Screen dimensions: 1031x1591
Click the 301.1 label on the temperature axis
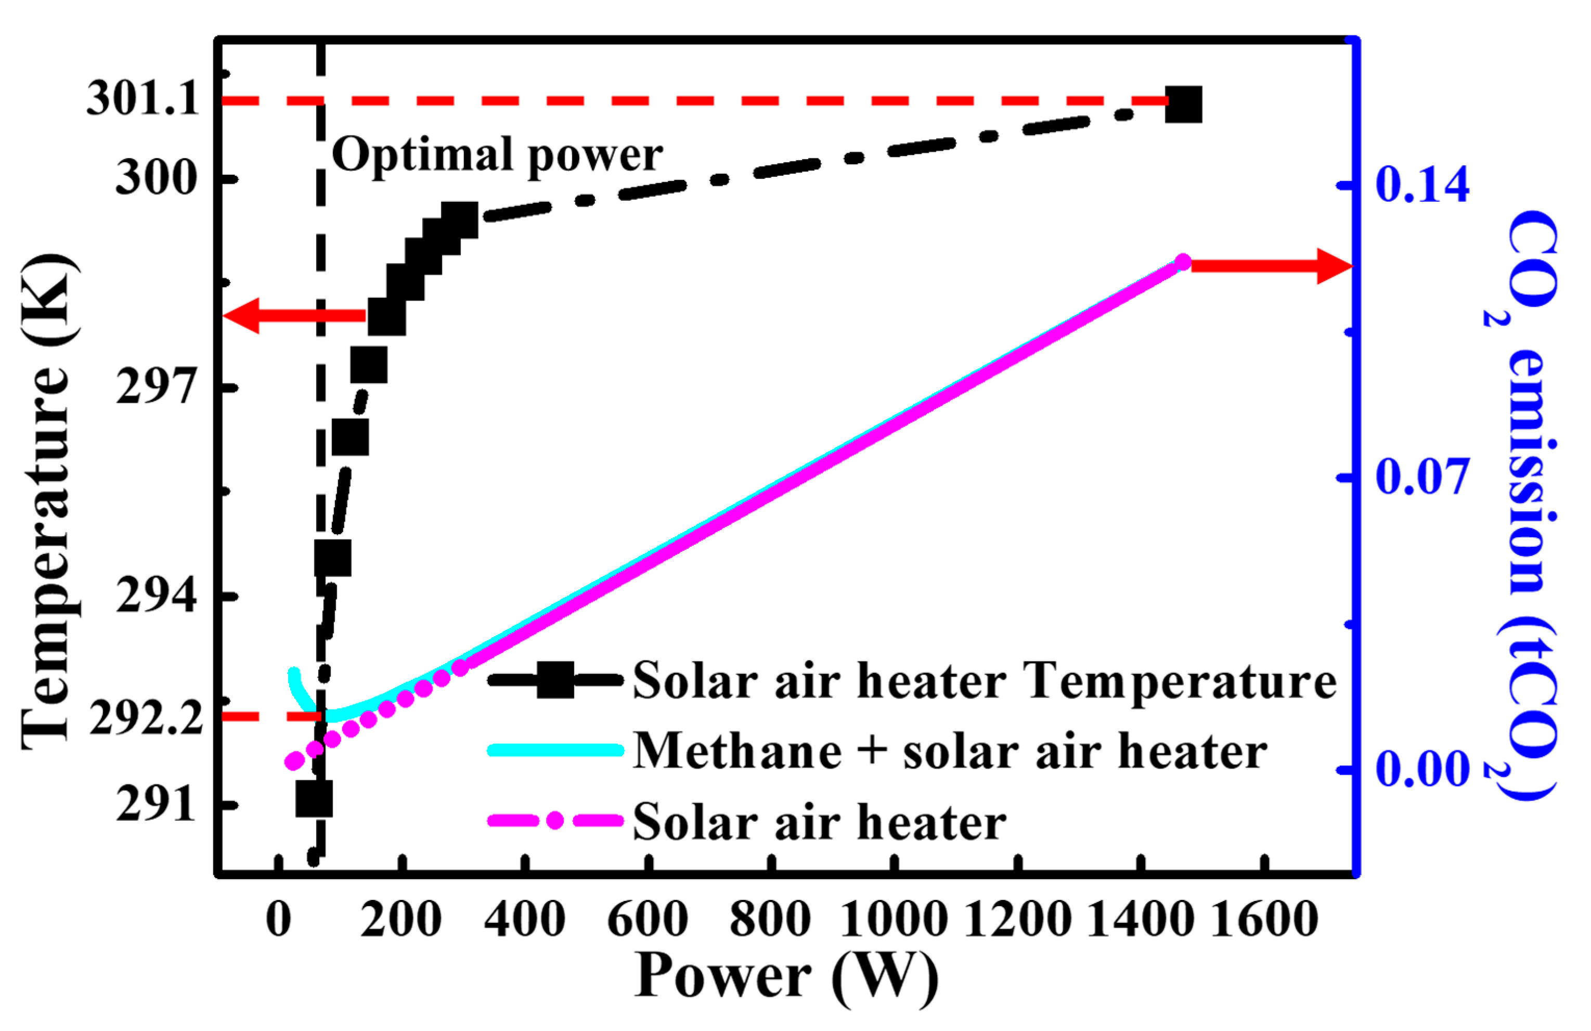pyautogui.click(x=143, y=100)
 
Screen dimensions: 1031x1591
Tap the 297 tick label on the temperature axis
pyautogui.click(x=157, y=387)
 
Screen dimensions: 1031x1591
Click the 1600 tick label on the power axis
pyautogui.click(x=1263, y=920)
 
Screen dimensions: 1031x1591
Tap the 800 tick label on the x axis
pyautogui.click(x=770, y=920)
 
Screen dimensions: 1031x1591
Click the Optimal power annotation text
pyautogui.click(x=497, y=155)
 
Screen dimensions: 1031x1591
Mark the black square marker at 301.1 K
pyautogui.click(x=1183, y=105)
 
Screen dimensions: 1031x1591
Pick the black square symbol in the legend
pyautogui.click(x=555, y=680)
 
